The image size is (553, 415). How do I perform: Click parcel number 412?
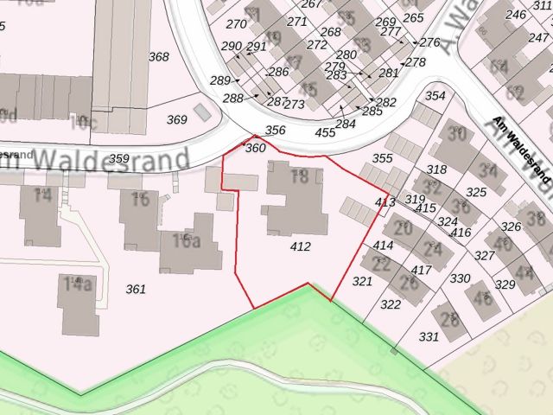tap(301, 247)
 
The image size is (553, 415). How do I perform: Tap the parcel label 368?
tap(158, 57)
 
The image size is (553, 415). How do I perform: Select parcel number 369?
tap(176, 119)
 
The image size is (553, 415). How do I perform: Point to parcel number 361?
tap(136, 288)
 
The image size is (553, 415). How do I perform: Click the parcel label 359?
tap(119, 158)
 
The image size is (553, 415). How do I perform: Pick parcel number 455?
tap(325, 132)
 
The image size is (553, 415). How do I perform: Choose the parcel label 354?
tap(435, 96)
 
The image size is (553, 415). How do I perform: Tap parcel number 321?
tap(361, 281)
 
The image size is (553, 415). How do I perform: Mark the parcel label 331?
tap(429, 336)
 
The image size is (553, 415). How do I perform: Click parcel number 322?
tap(391, 304)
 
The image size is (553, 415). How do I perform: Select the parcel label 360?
tap(256, 148)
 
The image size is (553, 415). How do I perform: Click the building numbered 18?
tap(299, 178)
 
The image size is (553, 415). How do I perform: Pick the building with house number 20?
tap(403, 228)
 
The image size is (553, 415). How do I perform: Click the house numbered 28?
tap(449, 319)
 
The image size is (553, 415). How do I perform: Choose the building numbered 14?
tap(41, 195)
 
